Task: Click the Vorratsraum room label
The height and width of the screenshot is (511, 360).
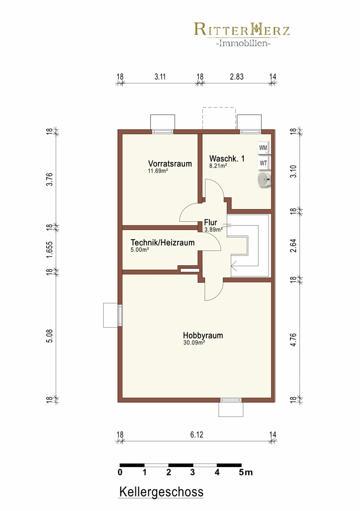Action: (170, 164)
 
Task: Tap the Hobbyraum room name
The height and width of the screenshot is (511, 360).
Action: (203, 335)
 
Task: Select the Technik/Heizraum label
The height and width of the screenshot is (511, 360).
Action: (162, 242)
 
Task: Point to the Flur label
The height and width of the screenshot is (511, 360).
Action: (210, 223)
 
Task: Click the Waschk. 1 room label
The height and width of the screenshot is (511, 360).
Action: (227, 159)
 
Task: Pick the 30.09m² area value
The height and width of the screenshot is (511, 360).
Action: (194, 342)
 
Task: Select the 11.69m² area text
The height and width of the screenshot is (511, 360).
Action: (158, 171)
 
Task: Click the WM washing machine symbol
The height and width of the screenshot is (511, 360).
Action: (263, 148)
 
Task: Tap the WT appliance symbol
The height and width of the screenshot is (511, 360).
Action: (263, 164)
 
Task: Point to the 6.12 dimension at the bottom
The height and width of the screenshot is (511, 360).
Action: (197, 435)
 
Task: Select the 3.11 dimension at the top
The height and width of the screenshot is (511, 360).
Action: (160, 77)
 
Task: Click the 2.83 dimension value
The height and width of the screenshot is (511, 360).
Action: (237, 77)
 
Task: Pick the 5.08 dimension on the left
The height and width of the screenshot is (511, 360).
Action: (50, 336)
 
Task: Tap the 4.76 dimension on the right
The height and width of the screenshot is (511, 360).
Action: (294, 340)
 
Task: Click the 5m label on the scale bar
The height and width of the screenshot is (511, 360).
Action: (246, 473)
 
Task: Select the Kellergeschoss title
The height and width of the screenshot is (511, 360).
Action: (161, 492)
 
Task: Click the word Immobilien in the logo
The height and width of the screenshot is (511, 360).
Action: (243, 43)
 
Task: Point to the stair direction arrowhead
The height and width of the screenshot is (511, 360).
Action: (233, 267)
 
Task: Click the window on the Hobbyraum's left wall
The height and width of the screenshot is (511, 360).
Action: (120, 315)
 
